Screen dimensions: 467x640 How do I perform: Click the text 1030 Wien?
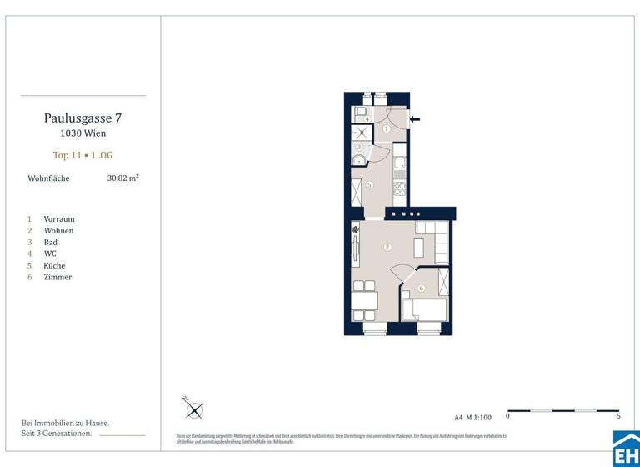(82, 133)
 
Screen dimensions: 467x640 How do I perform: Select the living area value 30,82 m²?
(122, 178)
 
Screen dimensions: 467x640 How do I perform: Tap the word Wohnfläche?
(48, 178)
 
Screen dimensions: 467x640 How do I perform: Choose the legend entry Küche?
(54, 266)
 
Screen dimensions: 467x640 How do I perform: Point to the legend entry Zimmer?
(57, 277)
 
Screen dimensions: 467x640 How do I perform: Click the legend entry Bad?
(50, 242)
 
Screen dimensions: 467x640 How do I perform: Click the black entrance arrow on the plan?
(415, 119)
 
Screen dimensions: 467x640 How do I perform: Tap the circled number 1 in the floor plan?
(387, 129)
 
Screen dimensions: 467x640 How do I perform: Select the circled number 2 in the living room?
(387, 247)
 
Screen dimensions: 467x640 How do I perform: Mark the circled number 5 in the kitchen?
(369, 185)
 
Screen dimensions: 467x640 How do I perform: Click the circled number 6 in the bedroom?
(422, 289)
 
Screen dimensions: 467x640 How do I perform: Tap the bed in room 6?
(424, 309)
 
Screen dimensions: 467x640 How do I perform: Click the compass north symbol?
(193, 409)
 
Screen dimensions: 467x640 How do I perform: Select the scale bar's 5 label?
(617, 415)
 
